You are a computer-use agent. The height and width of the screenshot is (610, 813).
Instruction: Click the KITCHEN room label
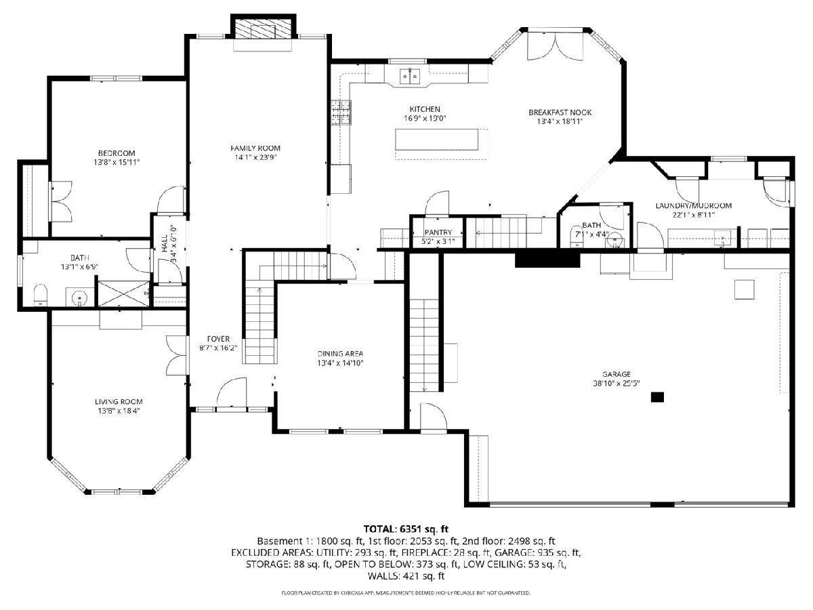(x=425, y=109)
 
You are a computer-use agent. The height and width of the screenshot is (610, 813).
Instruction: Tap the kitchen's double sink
(x=409, y=77)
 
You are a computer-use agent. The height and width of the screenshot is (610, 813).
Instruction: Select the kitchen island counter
(x=437, y=139)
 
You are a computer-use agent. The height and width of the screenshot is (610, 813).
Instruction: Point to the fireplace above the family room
(x=264, y=26)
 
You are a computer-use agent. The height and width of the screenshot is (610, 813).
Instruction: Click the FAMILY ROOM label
(x=255, y=148)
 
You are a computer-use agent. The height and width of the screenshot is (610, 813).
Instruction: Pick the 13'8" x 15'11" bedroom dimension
(x=117, y=162)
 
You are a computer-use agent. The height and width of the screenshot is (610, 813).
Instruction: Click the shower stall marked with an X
(x=124, y=293)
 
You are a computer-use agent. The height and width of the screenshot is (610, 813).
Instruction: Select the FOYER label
(x=218, y=339)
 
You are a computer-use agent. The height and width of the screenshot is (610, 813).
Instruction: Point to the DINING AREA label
(x=340, y=354)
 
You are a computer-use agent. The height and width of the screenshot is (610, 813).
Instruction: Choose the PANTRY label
(x=438, y=232)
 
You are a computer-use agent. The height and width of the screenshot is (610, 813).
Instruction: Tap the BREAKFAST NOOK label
(x=560, y=113)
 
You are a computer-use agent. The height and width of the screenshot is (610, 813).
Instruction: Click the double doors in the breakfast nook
(x=555, y=45)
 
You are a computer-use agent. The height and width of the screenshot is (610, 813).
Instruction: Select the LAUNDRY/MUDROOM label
(x=693, y=205)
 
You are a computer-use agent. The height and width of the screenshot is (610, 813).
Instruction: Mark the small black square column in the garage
(x=657, y=397)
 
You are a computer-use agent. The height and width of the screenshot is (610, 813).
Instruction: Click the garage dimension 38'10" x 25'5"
(x=617, y=384)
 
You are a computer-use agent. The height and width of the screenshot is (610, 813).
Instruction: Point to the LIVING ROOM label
(x=119, y=401)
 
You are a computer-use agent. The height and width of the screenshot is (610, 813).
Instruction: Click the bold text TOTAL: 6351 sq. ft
(x=406, y=529)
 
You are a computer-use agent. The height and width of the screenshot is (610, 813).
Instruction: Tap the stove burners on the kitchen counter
(x=341, y=113)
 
